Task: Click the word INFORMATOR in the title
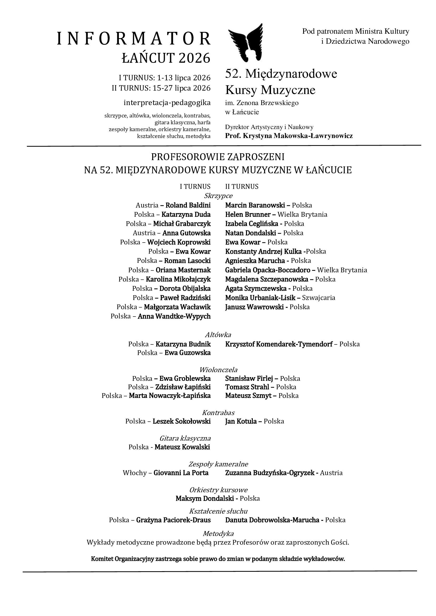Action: point(134,39)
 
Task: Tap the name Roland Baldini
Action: point(188,205)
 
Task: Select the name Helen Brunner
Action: point(248,214)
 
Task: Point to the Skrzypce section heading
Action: point(218,196)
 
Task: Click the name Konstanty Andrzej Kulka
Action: point(263,252)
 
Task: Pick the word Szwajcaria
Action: point(318,298)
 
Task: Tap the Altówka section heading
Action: point(218,334)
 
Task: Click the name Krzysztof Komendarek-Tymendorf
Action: point(279,344)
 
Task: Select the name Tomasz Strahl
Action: point(247,387)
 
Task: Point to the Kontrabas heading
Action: point(218,412)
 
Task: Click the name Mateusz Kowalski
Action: point(182,447)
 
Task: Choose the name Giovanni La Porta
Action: point(181,473)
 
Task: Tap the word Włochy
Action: point(134,473)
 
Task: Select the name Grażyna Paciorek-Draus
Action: point(173,520)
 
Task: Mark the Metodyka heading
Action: point(218,533)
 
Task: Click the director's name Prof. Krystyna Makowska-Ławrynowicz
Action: point(289,136)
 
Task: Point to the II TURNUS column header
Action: point(242,186)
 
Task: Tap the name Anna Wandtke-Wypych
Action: point(174,316)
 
